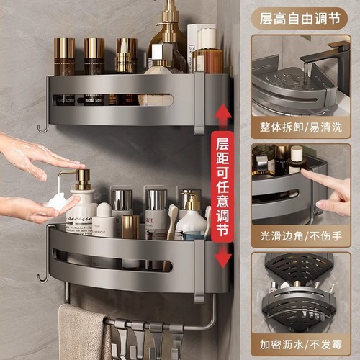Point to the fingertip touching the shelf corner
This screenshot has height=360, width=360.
(307, 175)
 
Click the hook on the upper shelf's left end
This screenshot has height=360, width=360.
(43, 128)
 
